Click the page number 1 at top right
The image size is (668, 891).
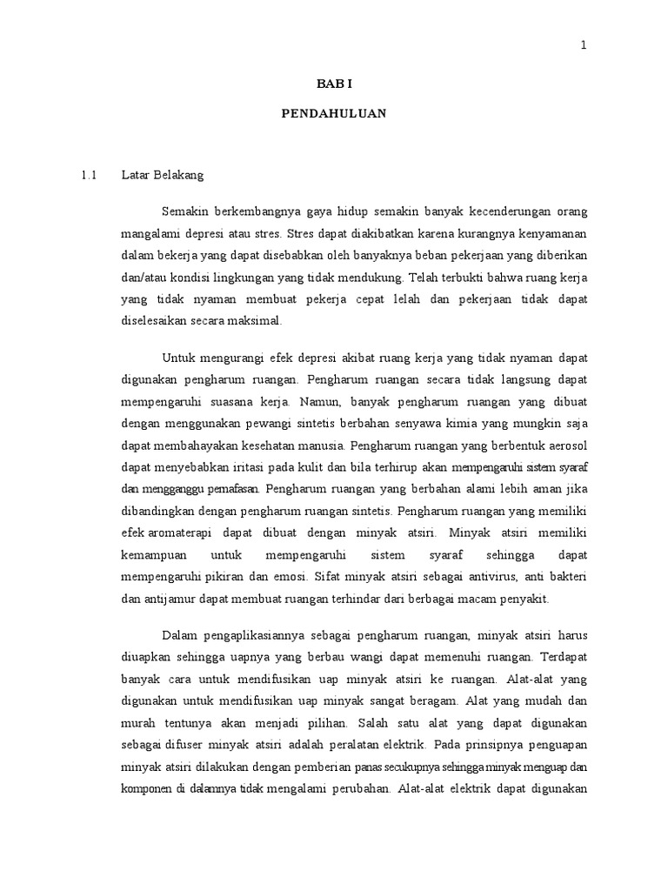tap(584, 46)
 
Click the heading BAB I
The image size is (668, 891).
tap(333, 84)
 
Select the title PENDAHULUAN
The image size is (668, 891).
tap(334, 113)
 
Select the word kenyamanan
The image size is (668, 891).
tap(550, 235)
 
